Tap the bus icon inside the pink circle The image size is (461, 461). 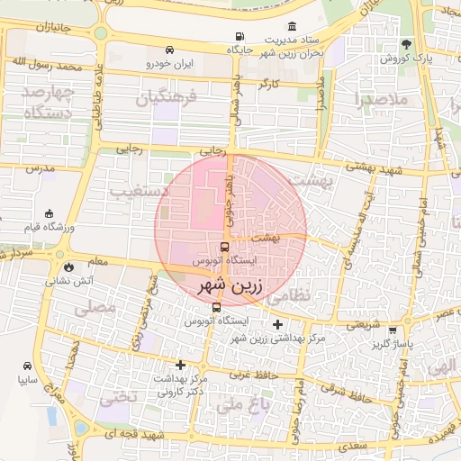coord(224,248)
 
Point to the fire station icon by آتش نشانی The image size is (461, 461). coord(69,267)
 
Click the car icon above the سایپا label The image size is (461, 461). coord(28,366)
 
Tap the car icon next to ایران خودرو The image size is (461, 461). coord(169,50)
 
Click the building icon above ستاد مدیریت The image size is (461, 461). coord(292,27)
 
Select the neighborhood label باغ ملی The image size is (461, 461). coord(242,406)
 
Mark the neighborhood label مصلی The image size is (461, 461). coord(98,307)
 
